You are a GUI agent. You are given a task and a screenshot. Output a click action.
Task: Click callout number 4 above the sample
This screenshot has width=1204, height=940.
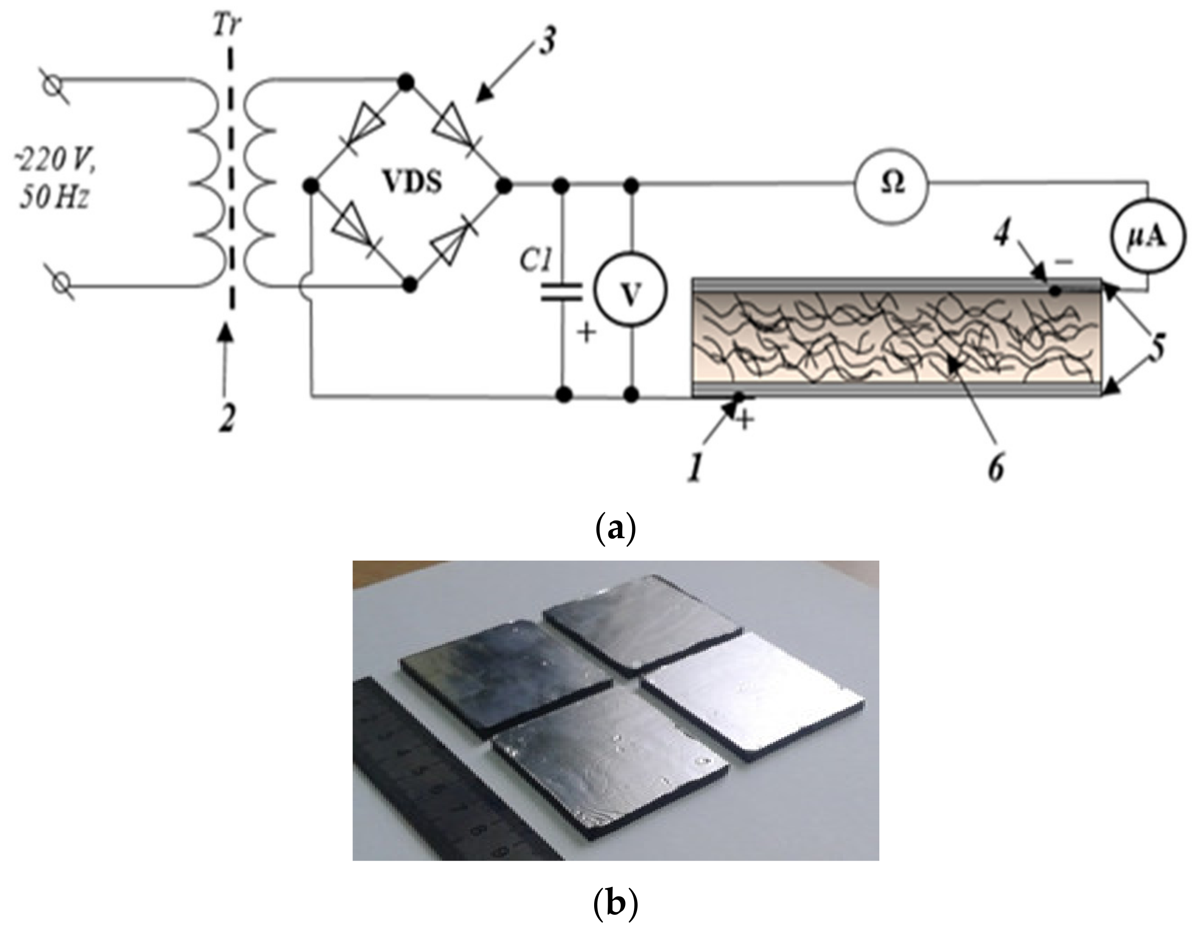point(1002,236)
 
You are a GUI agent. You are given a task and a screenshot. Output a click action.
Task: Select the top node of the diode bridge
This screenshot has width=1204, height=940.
point(406,83)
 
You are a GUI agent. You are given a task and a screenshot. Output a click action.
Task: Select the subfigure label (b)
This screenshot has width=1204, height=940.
point(616,905)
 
